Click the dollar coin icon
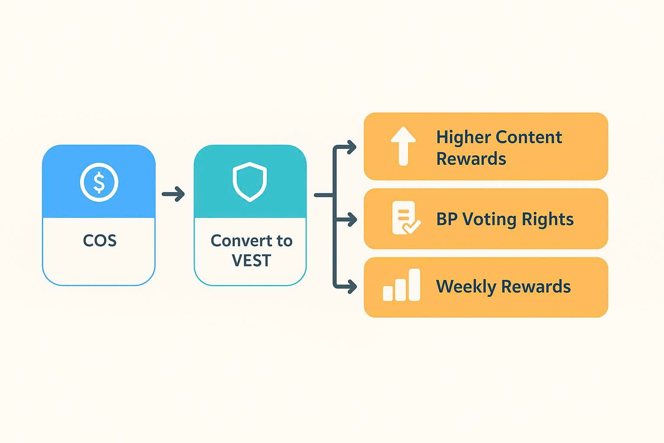99,182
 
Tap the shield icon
250,182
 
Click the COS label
99,241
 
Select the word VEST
251,261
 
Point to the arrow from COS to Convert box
173,194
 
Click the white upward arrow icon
403,146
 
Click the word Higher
463,138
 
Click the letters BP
447,219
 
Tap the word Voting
489,220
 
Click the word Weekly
466,287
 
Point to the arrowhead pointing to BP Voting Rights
352,220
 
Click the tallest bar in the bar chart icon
415,284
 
